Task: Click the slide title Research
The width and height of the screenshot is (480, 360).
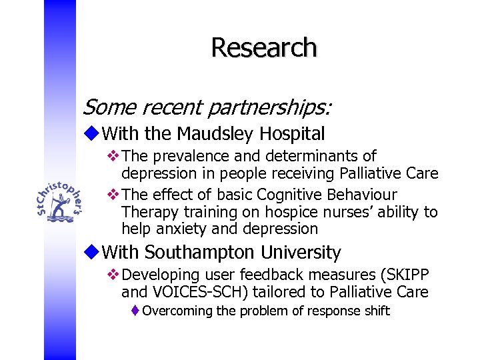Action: click(264, 47)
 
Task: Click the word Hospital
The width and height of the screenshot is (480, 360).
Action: click(292, 134)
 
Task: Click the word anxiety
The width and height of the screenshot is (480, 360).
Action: click(183, 229)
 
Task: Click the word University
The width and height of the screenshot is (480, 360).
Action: click(303, 253)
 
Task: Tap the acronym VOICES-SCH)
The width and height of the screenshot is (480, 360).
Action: click(207, 292)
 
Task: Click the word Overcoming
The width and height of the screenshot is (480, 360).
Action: click(176, 311)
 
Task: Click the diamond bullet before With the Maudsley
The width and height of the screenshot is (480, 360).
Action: click(92, 134)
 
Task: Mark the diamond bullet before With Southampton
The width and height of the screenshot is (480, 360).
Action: click(92, 253)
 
